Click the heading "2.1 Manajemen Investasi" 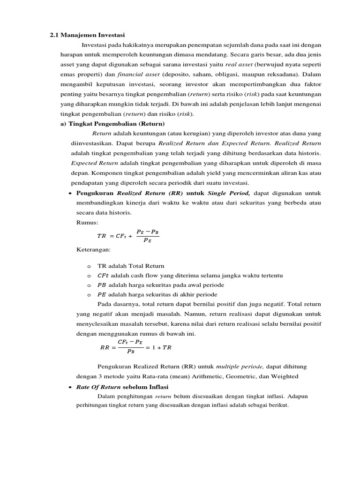click(x=87, y=35)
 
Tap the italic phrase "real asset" click(x=240, y=64)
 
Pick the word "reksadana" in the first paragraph click(x=279, y=74)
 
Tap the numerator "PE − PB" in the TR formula click(x=148, y=232)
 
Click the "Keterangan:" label click(x=93, y=250)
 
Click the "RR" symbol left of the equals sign click(x=105, y=347)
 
